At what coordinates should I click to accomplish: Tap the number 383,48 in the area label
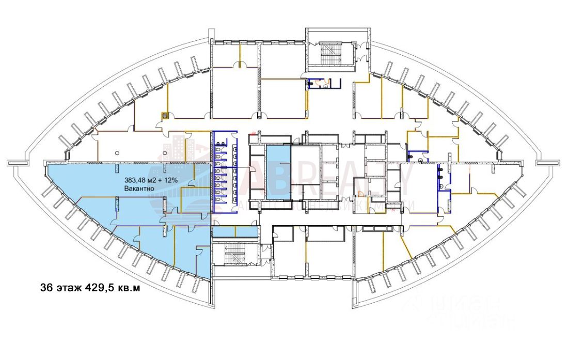pos(135,181)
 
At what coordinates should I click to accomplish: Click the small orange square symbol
pos(164,116)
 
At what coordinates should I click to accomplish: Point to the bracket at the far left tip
pos(17,163)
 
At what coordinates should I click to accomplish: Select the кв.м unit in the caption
pos(129,288)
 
